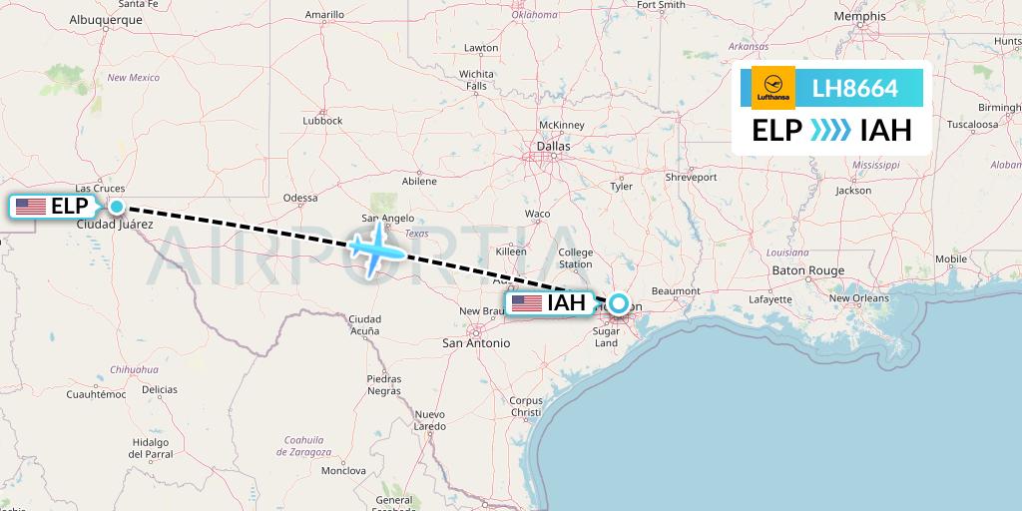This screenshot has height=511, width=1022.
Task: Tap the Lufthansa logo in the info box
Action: (x=772, y=88)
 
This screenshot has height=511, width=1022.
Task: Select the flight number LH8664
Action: (x=855, y=89)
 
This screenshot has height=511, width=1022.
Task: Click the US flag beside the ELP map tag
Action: (x=31, y=207)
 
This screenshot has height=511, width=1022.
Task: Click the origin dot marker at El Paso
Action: (x=117, y=207)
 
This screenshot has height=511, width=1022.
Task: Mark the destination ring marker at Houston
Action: (x=619, y=304)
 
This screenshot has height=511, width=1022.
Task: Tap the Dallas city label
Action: (x=552, y=146)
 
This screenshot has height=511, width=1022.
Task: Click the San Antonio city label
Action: (x=476, y=342)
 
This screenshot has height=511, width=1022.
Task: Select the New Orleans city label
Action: (x=858, y=297)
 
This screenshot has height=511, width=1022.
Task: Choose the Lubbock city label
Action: (x=322, y=121)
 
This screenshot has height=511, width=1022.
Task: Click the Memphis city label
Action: (x=861, y=17)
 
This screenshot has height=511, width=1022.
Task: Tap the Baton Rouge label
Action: (x=807, y=270)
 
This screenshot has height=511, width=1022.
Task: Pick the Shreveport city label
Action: (x=691, y=177)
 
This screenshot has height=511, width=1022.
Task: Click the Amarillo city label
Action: (x=323, y=15)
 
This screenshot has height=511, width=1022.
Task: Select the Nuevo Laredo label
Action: (x=429, y=420)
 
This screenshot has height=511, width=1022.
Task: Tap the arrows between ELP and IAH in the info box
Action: (x=830, y=131)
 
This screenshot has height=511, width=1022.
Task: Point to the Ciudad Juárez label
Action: (x=115, y=225)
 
